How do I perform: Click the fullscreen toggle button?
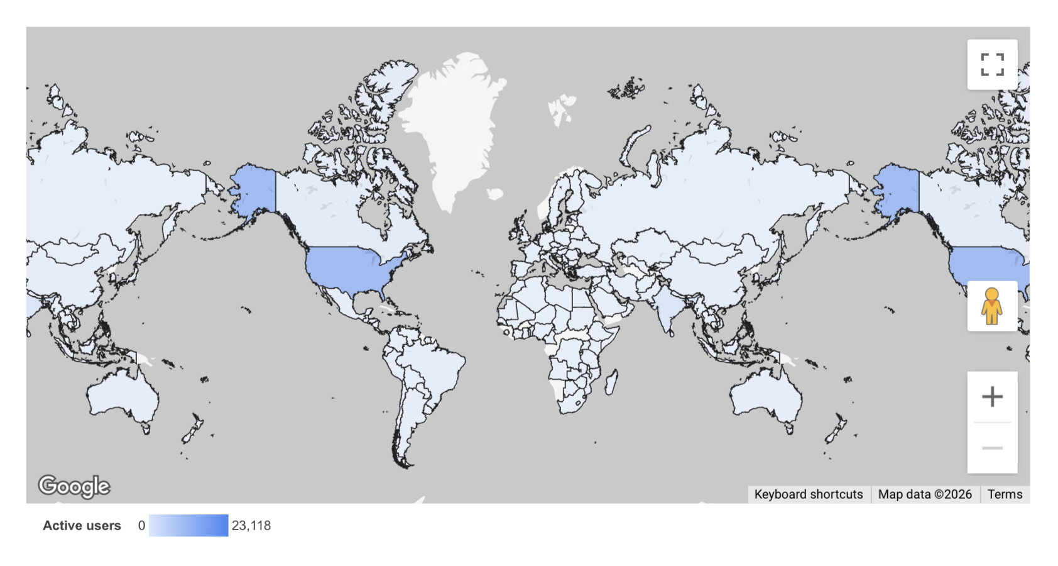point(992,65)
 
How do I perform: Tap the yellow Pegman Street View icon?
point(992,306)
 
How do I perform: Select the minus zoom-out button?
point(992,448)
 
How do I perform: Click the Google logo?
point(74,486)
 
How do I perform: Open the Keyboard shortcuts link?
point(808,494)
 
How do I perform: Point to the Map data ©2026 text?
point(925,494)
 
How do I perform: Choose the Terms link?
point(1005,494)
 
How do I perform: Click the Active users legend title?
point(82,526)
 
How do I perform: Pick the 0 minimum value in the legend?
point(141,526)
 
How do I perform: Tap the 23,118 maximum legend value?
point(251,526)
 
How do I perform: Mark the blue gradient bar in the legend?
point(188,526)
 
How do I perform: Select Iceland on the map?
point(496,194)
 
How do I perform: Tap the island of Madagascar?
point(611,382)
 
